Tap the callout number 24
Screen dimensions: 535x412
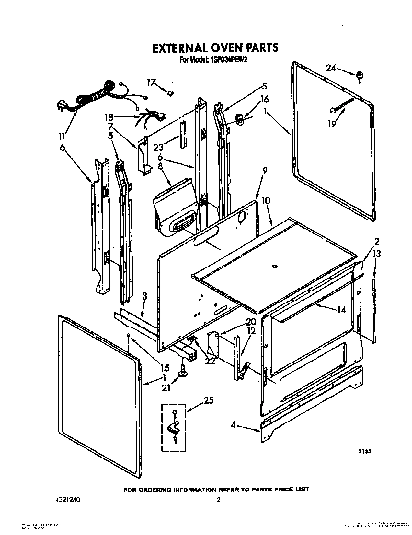tap(331, 68)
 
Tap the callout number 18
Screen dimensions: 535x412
tap(109, 116)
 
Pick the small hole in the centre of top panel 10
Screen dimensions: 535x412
tap(274, 266)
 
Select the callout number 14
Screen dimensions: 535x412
tap(341, 310)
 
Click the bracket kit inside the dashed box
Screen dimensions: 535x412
tap(174, 427)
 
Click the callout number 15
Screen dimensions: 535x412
tap(165, 368)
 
